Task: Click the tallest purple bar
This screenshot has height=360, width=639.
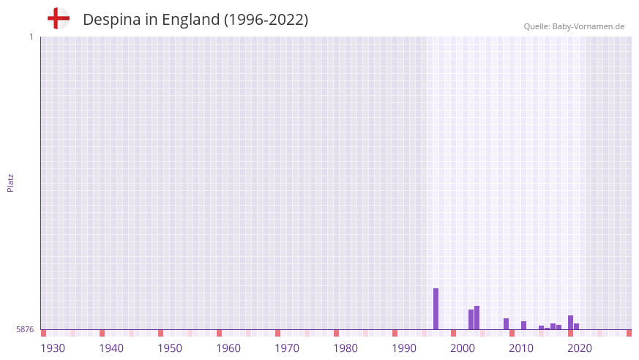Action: click(x=436, y=309)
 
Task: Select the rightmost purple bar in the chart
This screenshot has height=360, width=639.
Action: click(x=576, y=326)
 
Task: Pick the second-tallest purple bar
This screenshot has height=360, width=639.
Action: click(x=477, y=318)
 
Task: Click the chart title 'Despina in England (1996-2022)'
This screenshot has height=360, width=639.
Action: click(x=195, y=20)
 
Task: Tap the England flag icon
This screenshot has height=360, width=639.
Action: click(x=59, y=18)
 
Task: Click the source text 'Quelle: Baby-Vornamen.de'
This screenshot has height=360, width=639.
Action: click(x=574, y=26)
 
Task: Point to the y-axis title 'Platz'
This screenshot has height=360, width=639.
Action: click(x=10, y=183)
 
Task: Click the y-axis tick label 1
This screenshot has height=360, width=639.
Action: click(x=31, y=37)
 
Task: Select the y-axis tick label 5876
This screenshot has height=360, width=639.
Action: click(x=25, y=329)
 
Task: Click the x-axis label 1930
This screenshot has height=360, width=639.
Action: click(x=53, y=348)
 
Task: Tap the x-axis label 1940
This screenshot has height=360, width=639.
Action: click(x=111, y=348)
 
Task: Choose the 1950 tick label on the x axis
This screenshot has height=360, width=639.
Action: click(x=170, y=348)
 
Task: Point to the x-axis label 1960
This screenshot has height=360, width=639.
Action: click(x=228, y=348)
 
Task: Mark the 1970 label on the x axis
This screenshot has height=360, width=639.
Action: click(x=287, y=348)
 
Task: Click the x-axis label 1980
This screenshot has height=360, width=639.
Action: click(x=345, y=348)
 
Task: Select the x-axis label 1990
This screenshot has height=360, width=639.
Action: click(x=404, y=348)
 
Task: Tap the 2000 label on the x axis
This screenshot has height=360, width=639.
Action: click(x=463, y=348)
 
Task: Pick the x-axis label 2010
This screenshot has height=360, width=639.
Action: click(x=521, y=348)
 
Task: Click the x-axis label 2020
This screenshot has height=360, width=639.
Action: click(x=580, y=348)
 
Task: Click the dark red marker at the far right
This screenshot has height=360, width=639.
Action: click(x=629, y=333)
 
